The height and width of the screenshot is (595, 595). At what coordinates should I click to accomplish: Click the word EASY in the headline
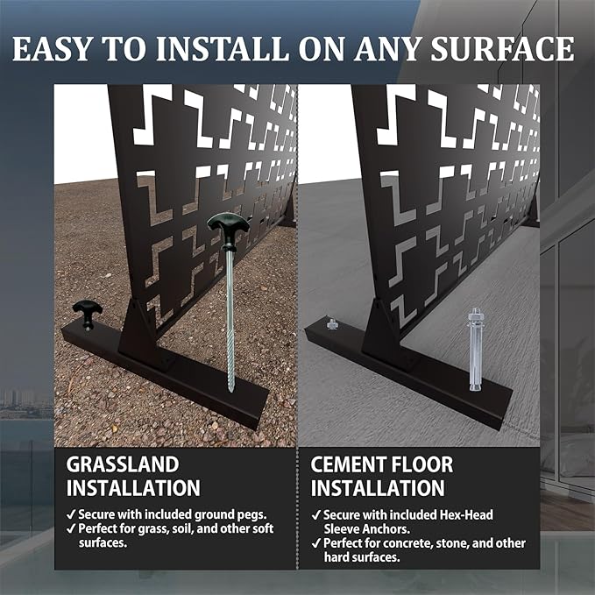[52, 48]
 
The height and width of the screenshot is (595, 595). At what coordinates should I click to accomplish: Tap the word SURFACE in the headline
[502, 48]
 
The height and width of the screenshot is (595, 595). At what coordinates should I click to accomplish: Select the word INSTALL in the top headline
[222, 48]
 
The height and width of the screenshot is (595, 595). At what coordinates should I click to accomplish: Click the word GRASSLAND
[122, 464]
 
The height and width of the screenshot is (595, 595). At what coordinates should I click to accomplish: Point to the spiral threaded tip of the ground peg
[230, 365]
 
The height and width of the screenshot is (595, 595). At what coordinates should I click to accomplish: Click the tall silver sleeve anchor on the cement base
[475, 349]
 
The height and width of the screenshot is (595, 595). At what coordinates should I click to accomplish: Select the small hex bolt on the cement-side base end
[332, 324]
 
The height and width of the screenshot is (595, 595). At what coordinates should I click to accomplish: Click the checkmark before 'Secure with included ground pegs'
[71, 515]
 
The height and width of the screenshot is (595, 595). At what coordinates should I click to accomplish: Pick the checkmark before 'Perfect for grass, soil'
[71, 528]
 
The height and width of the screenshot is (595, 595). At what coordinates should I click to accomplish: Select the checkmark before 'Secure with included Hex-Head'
[315, 515]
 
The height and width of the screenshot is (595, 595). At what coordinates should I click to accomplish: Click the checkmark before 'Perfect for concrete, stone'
[315, 543]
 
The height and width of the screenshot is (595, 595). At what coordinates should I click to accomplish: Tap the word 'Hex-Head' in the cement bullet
[466, 515]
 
